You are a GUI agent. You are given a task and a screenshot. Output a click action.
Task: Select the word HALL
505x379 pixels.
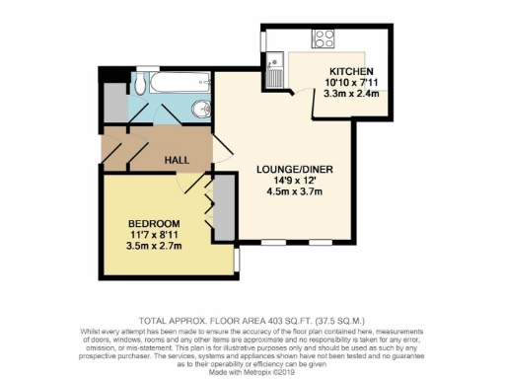(x=177, y=159)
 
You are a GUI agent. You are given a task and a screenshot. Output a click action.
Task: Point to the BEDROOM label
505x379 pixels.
(x=153, y=223)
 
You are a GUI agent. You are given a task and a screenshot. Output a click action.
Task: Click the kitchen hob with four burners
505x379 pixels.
(x=323, y=39)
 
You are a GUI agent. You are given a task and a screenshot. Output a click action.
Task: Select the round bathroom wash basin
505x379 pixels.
(x=201, y=109)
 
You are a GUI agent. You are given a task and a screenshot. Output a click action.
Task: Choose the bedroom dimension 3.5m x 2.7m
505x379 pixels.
(x=153, y=247)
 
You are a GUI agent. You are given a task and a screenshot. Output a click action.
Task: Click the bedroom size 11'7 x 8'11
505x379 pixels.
(x=153, y=235)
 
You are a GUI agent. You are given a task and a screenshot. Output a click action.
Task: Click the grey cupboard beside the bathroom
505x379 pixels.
(x=113, y=101)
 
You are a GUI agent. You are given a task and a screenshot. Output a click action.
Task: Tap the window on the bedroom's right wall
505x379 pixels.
(x=237, y=259)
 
